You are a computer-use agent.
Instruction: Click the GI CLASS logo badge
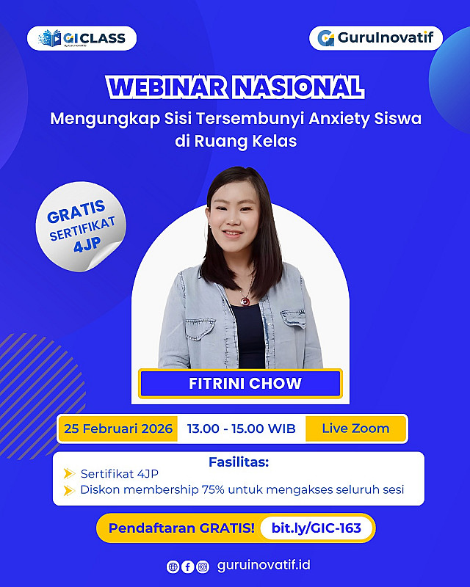pos(82,38)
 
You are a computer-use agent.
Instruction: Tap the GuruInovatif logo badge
pos(376,38)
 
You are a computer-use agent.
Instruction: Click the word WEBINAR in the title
pos(167,87)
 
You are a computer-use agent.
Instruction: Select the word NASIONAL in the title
pos(298,87)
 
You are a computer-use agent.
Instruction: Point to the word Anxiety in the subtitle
pos(339,119)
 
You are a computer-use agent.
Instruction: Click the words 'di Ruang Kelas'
pos(236,141)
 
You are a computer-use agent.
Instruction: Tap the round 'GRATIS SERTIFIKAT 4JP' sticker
pos(81,227)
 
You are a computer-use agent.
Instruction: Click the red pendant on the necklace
pos(245,299)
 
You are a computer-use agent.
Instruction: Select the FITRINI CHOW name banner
pos(240,383)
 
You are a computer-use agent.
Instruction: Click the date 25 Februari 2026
pos(118,429)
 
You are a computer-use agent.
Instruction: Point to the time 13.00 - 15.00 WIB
pos(242,429)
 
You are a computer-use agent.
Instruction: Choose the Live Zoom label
pos(355,429)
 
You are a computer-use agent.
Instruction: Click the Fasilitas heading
pos(239,462)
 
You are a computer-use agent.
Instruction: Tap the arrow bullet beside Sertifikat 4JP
pos(69,473)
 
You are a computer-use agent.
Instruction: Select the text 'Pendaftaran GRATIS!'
pos(181,528)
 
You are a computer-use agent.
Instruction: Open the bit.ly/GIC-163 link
pos(317,528)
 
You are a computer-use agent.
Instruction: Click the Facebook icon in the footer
pos(188,566)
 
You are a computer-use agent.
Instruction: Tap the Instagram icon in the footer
pos(203,566)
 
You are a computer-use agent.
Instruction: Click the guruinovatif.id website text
pos(264,565)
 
